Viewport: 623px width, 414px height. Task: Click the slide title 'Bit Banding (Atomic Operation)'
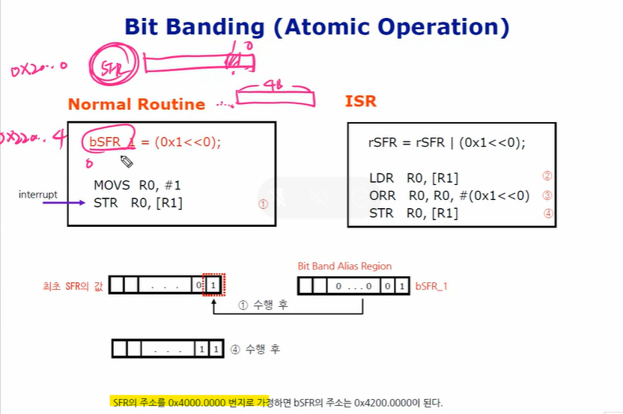coord(317,28)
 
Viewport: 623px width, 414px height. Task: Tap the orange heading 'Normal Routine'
coord(136,105)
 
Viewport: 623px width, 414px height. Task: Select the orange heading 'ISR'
coord(360,101)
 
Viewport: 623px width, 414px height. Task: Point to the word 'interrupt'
coord(38,195)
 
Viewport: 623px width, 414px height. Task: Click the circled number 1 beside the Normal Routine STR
coord(262,203)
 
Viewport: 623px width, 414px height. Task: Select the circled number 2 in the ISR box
coord(547,177)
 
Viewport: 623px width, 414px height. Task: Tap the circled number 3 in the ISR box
coord(547,195)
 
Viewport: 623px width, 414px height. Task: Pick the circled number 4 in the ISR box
coord(547,213)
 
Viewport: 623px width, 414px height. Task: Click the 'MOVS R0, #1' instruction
coord(137,184)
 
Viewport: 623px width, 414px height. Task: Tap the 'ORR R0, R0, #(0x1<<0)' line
coord(449,195)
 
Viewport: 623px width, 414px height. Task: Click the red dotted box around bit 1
coord(214,285)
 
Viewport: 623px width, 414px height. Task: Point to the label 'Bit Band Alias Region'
coord(344,266)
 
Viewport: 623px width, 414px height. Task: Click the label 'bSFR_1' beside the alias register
coord(431,286)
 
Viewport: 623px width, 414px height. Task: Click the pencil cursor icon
coord(127,161)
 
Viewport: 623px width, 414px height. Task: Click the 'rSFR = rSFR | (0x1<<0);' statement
coord(447,143)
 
